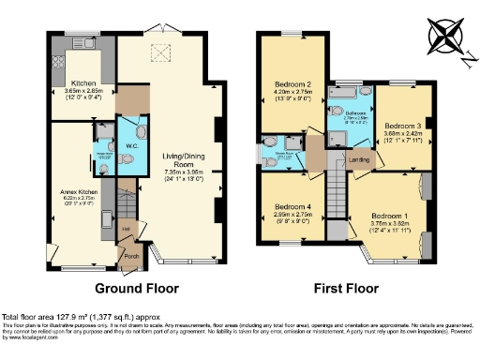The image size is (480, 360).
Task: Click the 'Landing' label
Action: click(358, 160)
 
